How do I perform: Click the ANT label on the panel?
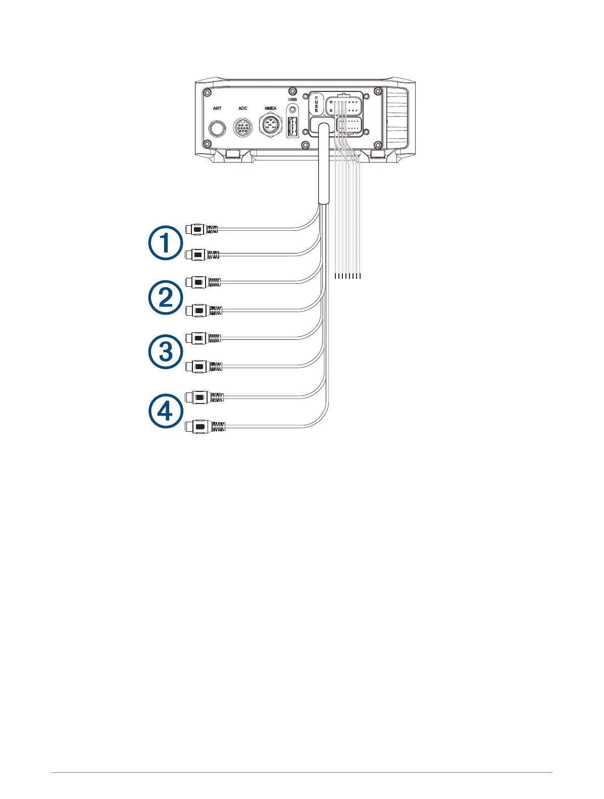tap(217, 108)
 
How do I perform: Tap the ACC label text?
tap(243, 108)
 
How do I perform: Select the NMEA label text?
tap(271, 108)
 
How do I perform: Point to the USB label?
tap(292, 99)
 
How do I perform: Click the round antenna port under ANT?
tap(218, 128)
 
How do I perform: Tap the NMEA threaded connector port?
tap(271, 126)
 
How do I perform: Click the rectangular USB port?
tap(292, 127)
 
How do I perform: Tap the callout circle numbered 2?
tap(165, 297)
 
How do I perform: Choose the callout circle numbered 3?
tap(165, 352)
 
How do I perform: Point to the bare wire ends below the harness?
tap(348, 276)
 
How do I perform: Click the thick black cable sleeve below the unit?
tap(323, 167)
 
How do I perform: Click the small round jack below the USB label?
tap(292, 109)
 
